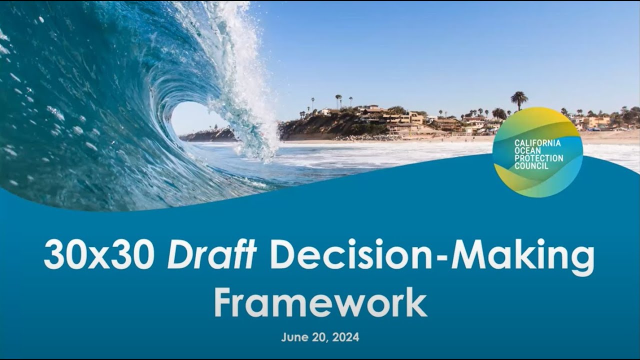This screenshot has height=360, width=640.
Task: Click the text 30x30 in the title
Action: pyautogui.click(x=98, y=256)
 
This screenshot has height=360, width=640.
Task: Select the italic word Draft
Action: pyautogui.click(x=211, y=255)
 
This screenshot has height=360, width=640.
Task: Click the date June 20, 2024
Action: pyautogui.click(x=320, y=337)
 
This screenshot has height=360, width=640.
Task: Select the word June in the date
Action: pyautogui.click(x=292, y=337)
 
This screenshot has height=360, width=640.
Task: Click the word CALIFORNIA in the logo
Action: pyautogui.click(x=537, y=143)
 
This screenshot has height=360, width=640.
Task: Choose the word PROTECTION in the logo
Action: pyautogui.click(x=538, y=158)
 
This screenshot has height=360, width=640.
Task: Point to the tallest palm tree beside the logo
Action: pyautogui.click(x=519, y=98)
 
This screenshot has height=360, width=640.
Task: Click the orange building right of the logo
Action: pyautogui.click(x=595, y=121)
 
